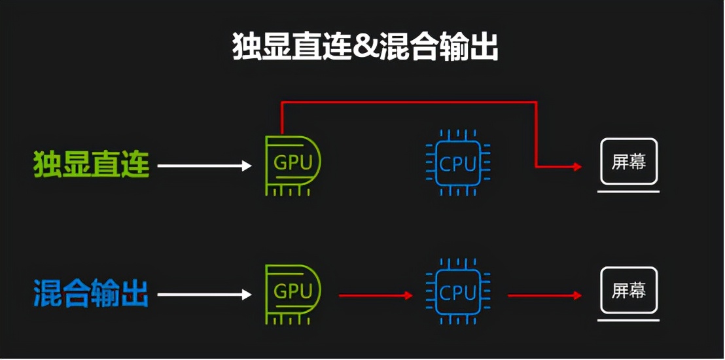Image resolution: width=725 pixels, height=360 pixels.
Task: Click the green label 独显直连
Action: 92,164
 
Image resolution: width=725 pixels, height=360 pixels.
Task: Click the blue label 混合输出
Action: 92,293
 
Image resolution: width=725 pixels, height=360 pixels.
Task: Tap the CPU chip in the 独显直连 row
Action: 458,164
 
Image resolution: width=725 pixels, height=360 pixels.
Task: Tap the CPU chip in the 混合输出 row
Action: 458,293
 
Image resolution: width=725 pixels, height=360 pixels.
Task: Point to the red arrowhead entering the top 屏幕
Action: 577,167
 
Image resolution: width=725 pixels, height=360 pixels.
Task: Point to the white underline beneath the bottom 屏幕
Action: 629,320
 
